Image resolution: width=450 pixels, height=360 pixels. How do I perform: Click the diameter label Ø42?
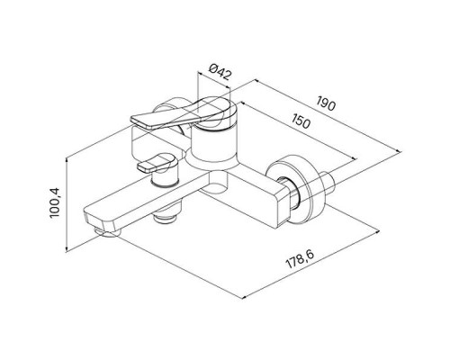pyautogui.click(x=220, y=71)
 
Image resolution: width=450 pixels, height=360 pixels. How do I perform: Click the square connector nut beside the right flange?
pyautogui.click(x=288, y=196)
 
